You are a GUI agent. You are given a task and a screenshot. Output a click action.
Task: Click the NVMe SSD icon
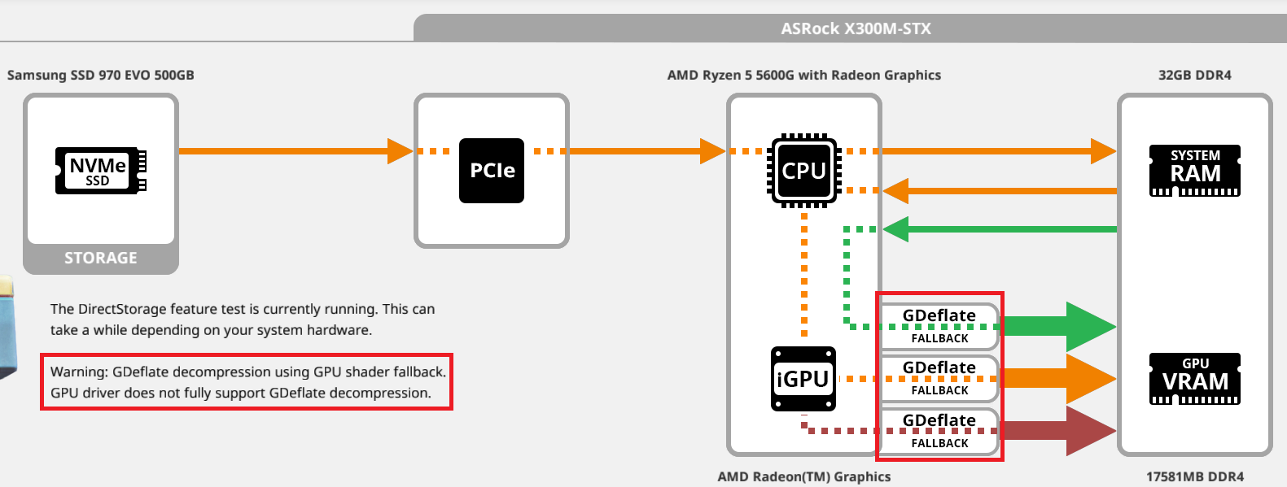click(100, 170)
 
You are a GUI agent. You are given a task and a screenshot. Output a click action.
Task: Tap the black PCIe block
click(492, 171)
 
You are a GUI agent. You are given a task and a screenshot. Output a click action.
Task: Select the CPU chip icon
click(804, 171)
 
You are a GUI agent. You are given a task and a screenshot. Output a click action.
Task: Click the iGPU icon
click(803, 379)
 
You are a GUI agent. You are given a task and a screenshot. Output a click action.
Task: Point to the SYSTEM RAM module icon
click(1194, 171)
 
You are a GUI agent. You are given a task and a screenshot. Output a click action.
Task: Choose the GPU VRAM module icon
click(1194, 379)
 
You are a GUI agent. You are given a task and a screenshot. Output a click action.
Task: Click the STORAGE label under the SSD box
click(101, 258)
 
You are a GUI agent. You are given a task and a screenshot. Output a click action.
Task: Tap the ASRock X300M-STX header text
click(856, 28)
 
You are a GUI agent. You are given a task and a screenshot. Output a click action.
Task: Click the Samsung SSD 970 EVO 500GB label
click(101, 75)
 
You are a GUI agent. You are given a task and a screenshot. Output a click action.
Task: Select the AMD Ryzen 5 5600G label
click(803, 75)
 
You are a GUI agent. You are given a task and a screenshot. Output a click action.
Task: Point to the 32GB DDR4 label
click(1194, 75)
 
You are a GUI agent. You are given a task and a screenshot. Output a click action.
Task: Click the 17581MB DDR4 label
click(1194, 476)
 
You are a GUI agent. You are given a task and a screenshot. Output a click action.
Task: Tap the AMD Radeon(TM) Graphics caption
click(803, 476)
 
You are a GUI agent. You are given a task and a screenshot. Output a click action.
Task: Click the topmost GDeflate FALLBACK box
click(939, 325)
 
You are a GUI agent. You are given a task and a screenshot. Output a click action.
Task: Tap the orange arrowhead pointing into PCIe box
click(399, 151)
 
